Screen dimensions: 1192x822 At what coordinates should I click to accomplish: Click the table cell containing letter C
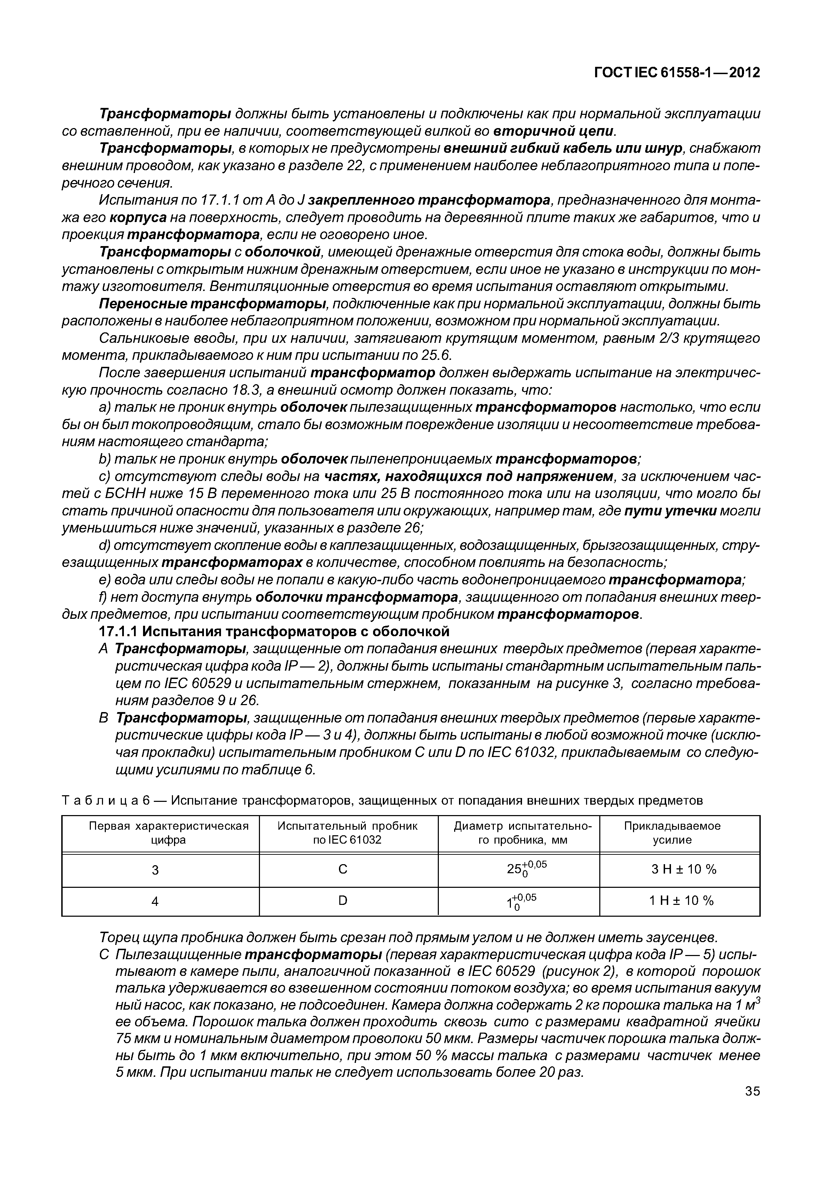(342, 869)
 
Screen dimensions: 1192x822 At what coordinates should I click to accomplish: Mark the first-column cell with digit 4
(155, 901)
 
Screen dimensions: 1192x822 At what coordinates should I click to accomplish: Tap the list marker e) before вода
(104, 580)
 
